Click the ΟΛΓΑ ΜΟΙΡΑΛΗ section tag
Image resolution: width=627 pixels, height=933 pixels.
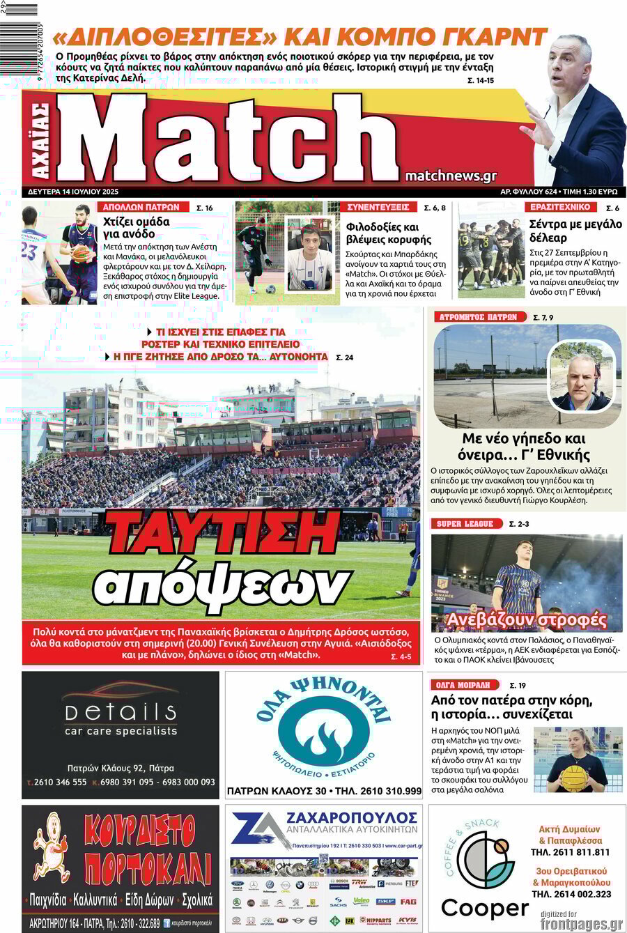465,685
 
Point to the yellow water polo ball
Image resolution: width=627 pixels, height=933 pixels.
574,777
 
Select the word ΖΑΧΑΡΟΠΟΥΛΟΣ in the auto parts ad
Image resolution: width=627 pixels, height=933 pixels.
350,816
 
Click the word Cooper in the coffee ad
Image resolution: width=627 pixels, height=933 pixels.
485,909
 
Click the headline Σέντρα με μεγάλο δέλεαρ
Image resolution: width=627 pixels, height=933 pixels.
575,231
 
